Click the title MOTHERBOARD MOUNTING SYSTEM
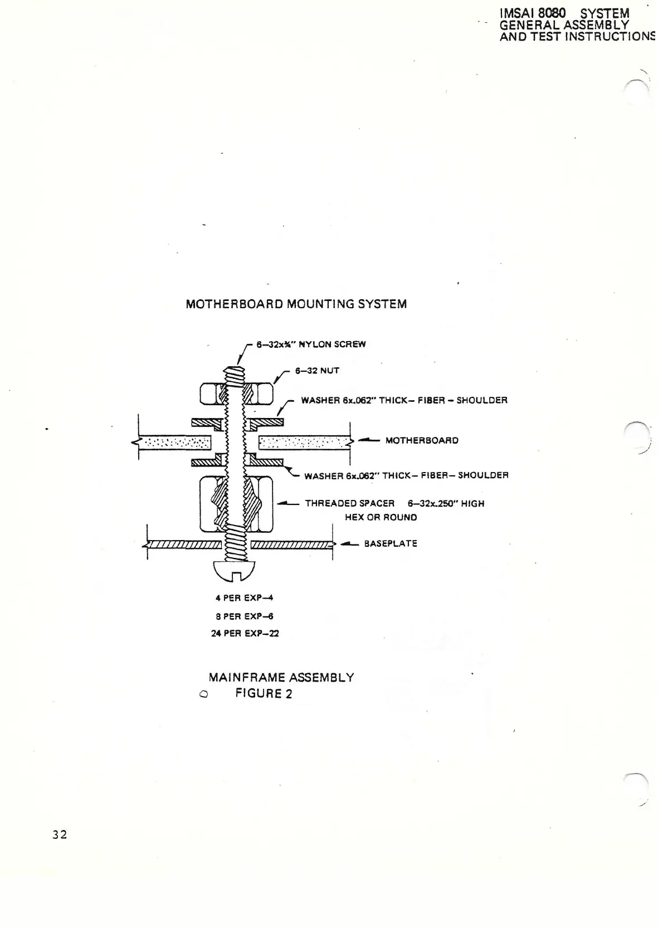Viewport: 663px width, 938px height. coord(296,304)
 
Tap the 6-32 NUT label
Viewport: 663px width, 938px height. coord(317,371)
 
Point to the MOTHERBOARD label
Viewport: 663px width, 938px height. coord(422,440)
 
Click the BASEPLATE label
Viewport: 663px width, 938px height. coord(391,543)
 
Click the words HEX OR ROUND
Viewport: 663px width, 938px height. coord(381,517)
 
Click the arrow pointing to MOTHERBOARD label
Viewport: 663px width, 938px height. coord(368,440)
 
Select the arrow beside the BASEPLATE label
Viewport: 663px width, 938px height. coord(349,543)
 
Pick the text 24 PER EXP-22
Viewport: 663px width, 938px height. coord(245,634)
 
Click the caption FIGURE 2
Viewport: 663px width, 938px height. coord(264,694)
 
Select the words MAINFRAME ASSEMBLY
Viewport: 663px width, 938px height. coord(281,678)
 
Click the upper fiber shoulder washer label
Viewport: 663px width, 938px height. coord(404,400)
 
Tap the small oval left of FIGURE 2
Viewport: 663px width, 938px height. coord(203,694)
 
